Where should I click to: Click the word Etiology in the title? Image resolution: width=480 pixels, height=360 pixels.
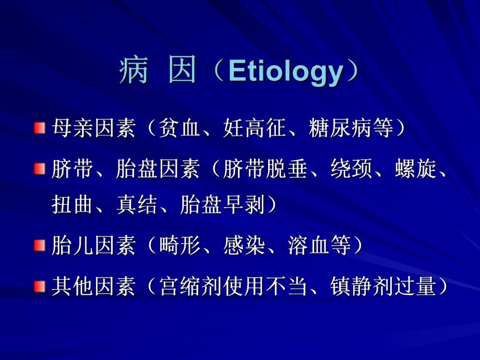(285, 73)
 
